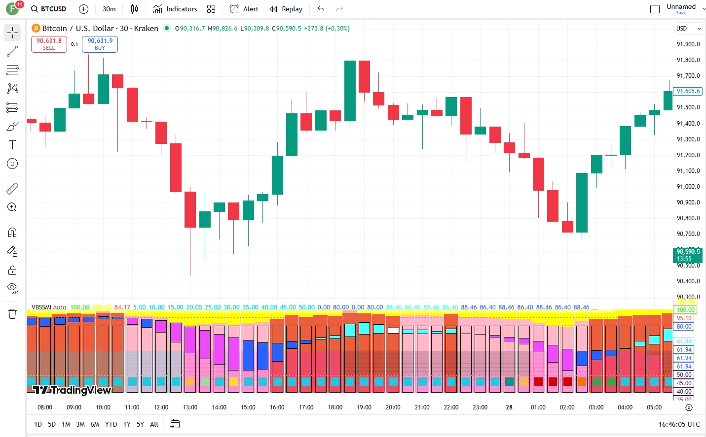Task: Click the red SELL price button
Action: coord(49,44)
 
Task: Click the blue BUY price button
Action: coord(100,44)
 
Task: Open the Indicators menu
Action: coord(175,9)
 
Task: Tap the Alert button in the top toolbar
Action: coord(244,9)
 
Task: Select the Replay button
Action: coord(286,9)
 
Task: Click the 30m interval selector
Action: coord(109,9)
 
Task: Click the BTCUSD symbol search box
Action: coord(49,9)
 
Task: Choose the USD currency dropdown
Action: coord(688,29)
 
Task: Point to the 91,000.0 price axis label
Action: coord(688,187)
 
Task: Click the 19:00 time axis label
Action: coord(364,407)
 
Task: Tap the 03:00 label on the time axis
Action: coord(596,407)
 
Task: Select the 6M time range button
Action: coord(95,424)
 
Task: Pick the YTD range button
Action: coord(111,424)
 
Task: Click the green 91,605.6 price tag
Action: coord(688,91)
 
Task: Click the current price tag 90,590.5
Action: coord(688,252)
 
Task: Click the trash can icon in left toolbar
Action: coord(12,314)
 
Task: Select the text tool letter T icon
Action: coord(12,145)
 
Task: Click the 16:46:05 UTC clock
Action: coord(679,424)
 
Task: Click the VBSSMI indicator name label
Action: coord(41,307)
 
